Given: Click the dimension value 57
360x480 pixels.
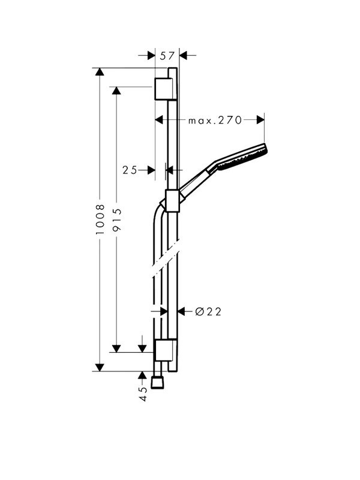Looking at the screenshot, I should pyautogui.click(x=167, y=56).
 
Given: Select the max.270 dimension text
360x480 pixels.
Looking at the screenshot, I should pyautogui.click(x=214, y=120).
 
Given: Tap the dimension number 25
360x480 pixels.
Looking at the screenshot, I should pyautogui.click(x=130, y=170).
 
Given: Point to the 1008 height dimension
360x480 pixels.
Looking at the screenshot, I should pyautogui.click(x=100, y=220).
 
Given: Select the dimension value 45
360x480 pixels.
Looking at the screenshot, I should pyautogui.click(x=143, y=393).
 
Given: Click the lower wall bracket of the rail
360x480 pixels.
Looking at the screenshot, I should pyautogui.click(x=163, y=352).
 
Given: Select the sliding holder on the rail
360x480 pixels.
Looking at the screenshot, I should pyautogui.click(x=172, y=202).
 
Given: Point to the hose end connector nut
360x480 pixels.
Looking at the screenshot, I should pyautogui.click(x=158, y=382).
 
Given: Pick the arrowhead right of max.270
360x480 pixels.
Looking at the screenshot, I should pyautogui.click(x=260, y=120).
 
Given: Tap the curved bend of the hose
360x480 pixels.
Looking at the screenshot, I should pyautogui.click(x=158, y=213).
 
